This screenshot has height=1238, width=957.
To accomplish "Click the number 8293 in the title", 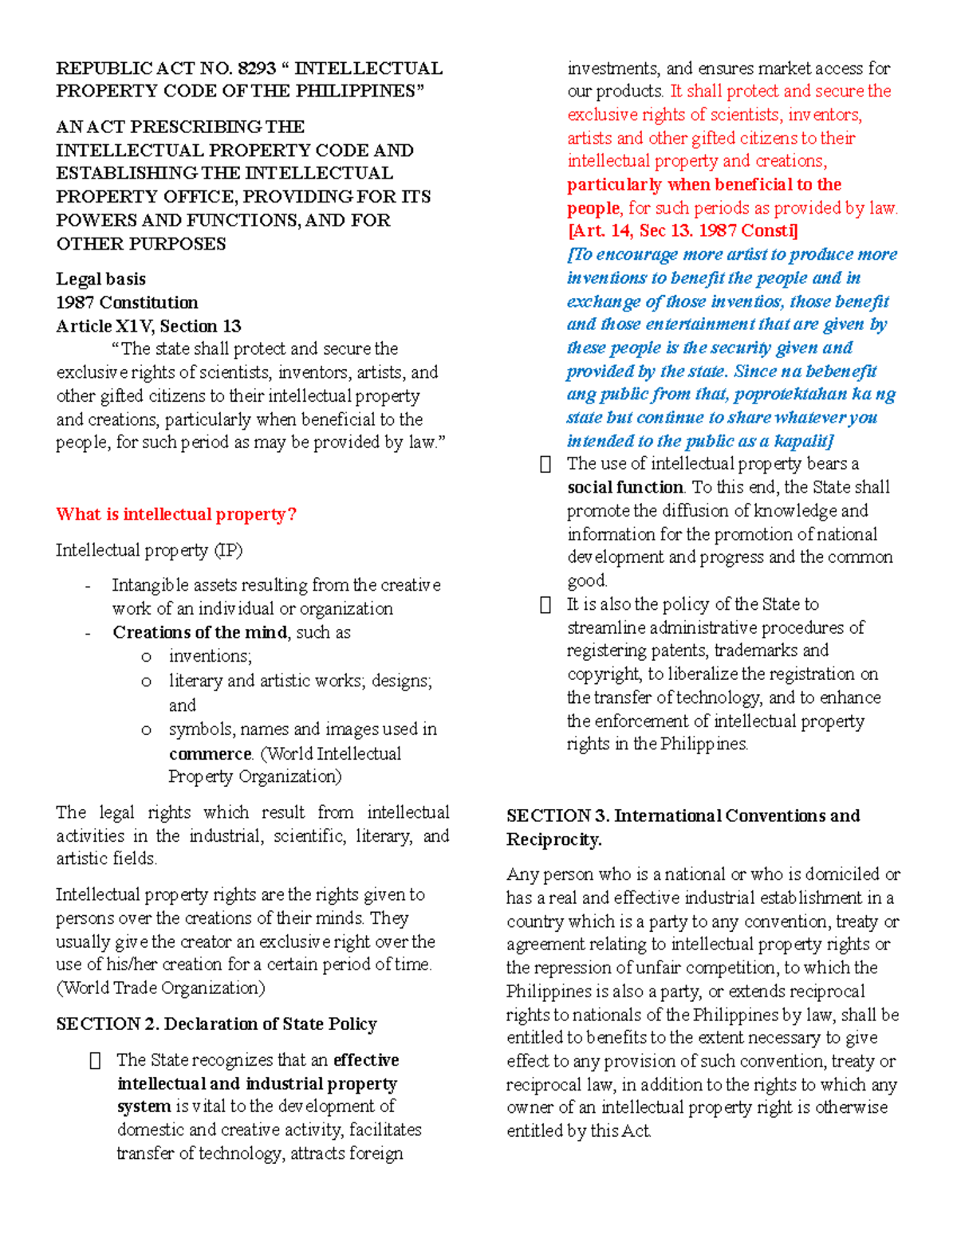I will coord(256,69).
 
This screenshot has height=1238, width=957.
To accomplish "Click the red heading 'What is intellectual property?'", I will coord(175,514).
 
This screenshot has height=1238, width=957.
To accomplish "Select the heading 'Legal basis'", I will coord(100,279).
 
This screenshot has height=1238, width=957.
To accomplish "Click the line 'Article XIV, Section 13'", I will coord(148,326).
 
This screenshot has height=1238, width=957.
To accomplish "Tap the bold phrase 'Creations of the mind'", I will coord(200,632).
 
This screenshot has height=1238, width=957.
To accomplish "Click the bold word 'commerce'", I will coord(210,753).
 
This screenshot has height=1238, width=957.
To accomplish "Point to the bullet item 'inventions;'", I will coord(210,656).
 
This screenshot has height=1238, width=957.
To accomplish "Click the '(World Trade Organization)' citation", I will coord(160,988).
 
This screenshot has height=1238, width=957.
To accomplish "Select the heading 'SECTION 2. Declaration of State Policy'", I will coord(216,1024).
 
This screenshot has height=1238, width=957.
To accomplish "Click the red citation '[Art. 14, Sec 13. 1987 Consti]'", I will coord(682,231).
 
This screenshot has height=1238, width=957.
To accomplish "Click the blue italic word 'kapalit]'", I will coord(803,441).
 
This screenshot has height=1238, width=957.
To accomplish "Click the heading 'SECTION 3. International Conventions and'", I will coord(683,816).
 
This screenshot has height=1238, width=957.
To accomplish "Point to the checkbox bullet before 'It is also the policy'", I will coord(545,605).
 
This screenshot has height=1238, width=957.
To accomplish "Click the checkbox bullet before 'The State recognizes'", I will coord(96,1061).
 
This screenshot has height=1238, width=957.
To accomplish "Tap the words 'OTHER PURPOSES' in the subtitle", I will coord(141,244).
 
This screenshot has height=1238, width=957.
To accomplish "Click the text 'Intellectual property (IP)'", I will coord(149,550).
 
